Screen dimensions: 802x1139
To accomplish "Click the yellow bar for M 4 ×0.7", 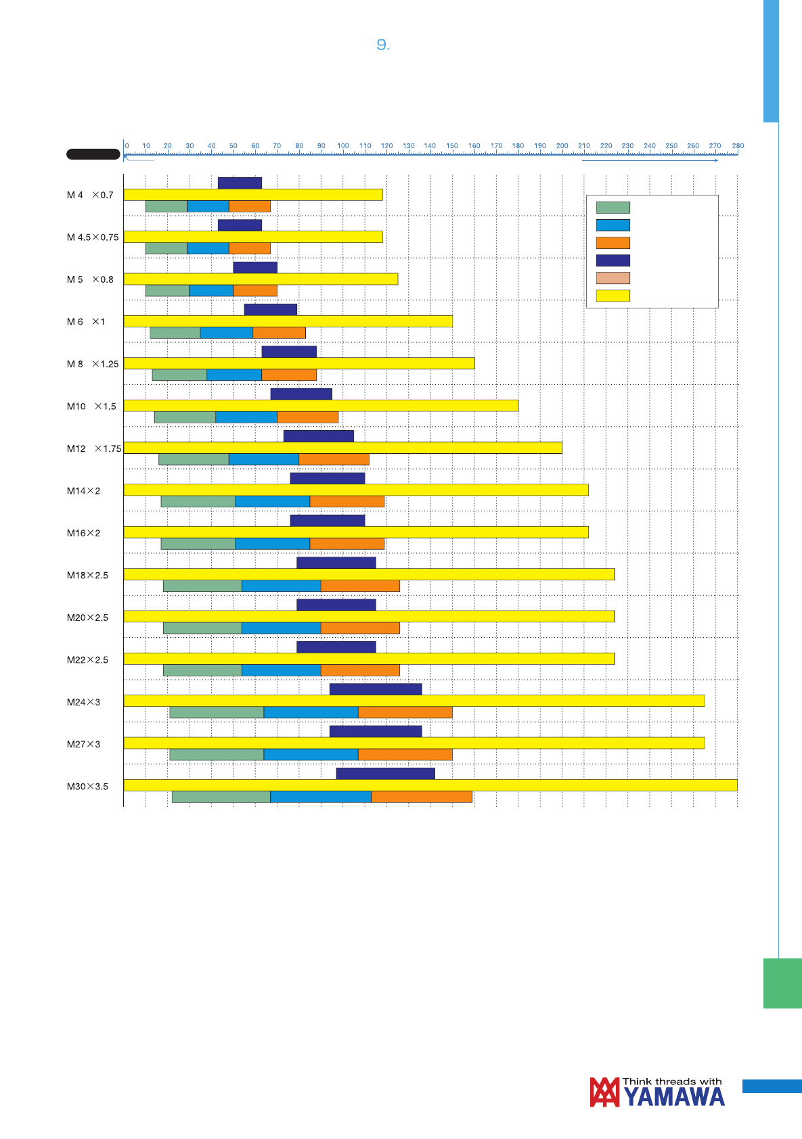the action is coord(253,195).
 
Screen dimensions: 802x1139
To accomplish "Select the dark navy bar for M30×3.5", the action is coord(385,773).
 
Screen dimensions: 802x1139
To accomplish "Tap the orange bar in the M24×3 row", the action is coord(405,712).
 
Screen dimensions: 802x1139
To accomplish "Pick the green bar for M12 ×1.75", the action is coord(194,459).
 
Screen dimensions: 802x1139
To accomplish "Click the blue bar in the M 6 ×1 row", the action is coord(227,333).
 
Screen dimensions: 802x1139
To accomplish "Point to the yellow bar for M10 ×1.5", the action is coord(321,405).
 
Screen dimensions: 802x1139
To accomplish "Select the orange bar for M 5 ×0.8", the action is coord(255,290).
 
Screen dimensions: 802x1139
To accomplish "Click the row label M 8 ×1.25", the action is coord(93,364).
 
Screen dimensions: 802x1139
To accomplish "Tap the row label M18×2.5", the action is coord(87,575).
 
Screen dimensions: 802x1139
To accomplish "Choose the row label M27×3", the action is coord(83,744).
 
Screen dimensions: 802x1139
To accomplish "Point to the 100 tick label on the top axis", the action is coord(343,146).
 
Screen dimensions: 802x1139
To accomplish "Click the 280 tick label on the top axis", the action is coord(738,146).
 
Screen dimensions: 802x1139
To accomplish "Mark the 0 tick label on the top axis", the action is coord(127,146).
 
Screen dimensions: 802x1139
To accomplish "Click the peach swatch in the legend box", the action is coord(612,278).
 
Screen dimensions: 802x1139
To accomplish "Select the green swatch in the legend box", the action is coord(612,208).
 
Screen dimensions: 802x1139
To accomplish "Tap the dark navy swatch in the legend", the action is coord(612,260).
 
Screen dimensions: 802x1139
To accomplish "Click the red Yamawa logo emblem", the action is coord(604,1092).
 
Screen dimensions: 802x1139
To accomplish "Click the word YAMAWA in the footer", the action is coord(674,1097).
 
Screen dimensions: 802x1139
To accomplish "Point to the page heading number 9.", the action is coord(383,45).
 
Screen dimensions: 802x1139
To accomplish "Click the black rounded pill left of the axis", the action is coord(93,154).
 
